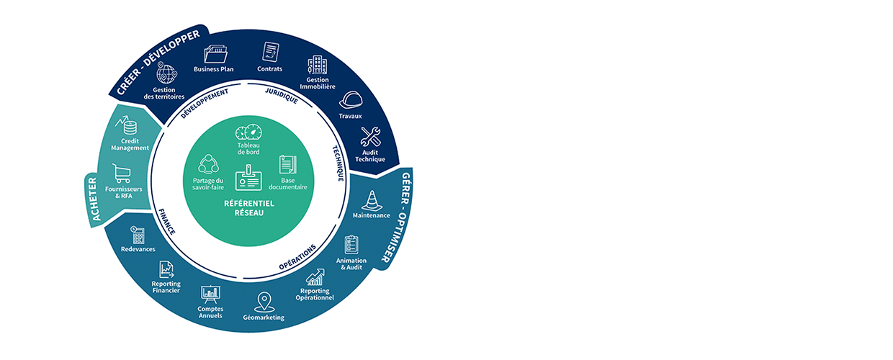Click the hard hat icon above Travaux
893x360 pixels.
[350, 100]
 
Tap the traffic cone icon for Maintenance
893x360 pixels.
[371, 199]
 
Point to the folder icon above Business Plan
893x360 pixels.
[214, 54]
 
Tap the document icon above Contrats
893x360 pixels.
[270, 53]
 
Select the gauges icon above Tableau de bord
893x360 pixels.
[248, 133]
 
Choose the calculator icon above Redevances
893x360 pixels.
[138, 235]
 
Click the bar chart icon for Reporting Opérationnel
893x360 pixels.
[315, 277]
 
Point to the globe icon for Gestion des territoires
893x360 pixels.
[166, 75]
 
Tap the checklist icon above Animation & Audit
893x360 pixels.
[351, 244]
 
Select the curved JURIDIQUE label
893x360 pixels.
[281, 96]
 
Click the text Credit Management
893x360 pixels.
[130, 144]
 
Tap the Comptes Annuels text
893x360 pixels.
[210, 312]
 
